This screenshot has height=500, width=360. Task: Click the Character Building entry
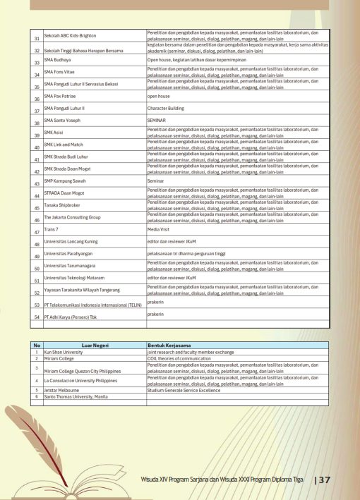(x=167, y=109)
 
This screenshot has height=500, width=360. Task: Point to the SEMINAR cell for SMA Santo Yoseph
(x=156, y=121)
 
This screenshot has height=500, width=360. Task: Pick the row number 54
(x=37, y=317)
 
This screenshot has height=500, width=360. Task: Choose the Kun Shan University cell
(x=64, y=351)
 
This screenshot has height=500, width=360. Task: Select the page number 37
(x=324, y=480)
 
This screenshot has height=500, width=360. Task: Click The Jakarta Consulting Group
(x=72, y=217)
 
